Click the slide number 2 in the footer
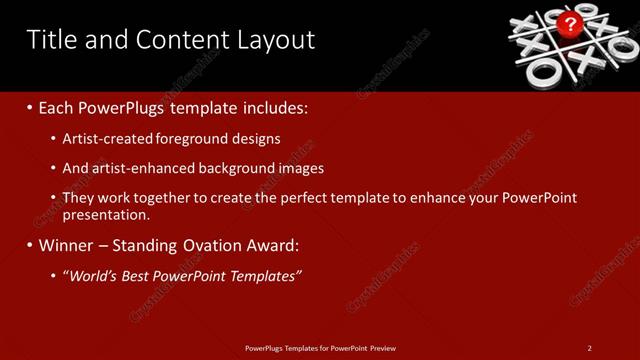tap(590, 348)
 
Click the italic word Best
tap(143, 275)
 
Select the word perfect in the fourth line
tap(303, 198)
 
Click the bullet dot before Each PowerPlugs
tap(30, 107)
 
